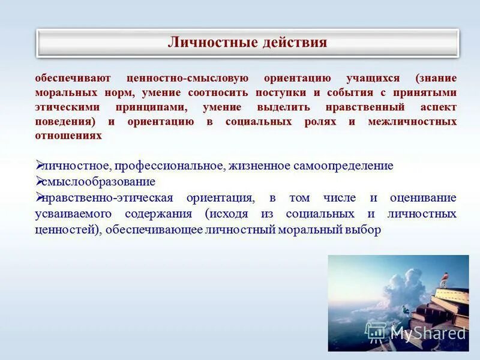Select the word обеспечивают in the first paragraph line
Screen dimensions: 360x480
[x=69, y=79]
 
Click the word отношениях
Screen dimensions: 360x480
[x=68, y=136]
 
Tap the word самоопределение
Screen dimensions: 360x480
[x=343, y=166]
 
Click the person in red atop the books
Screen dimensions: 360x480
[x=445, y=277]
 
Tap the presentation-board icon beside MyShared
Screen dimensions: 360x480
[x=376, y=332]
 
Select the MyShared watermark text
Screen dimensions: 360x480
[x=428, y=332]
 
